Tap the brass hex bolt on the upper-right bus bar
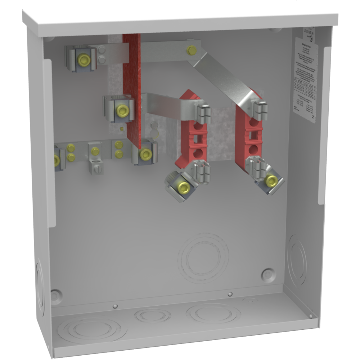coord(192,50)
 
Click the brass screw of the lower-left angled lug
coord(183,187)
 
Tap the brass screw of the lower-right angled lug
coord(271,181)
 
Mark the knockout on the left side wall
coord(39,284)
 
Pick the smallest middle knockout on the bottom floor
coord(152,316)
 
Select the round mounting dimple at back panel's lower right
coord(268,274)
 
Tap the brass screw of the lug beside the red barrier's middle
coord(123,111)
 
